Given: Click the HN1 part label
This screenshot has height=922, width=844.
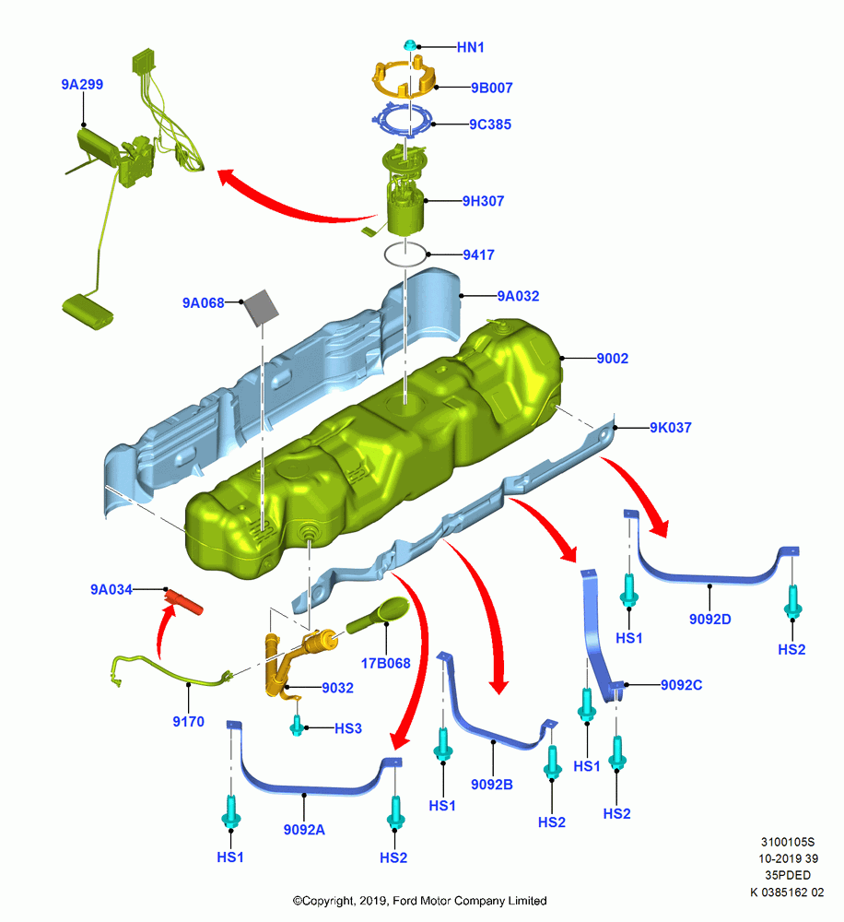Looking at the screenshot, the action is point(470,47).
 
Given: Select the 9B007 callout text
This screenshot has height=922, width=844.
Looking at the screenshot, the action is point(491,88).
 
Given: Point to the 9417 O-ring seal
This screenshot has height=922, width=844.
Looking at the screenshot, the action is point(405,254).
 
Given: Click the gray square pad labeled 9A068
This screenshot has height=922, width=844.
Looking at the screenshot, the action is point(261,308).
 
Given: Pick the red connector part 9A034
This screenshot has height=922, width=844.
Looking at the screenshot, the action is point(183,602).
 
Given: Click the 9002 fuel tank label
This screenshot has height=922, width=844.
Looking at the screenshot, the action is point(613,358).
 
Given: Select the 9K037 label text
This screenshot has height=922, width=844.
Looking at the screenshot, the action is point(670,428).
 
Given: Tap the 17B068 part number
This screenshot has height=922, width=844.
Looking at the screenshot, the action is point(385,663).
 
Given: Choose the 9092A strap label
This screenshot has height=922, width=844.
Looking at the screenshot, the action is point(304,830).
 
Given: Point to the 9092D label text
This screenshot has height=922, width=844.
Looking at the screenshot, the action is point(710,620).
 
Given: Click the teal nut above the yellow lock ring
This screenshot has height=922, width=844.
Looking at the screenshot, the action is point(410,45).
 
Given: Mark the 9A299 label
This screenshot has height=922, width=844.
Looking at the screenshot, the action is point(82,84).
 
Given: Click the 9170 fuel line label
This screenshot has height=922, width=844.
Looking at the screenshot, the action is point(189,722).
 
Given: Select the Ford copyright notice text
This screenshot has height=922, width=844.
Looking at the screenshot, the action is point(419,900).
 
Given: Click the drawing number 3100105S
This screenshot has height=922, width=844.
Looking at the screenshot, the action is point(788,842).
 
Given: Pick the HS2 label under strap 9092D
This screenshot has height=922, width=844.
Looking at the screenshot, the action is point(791,650).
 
